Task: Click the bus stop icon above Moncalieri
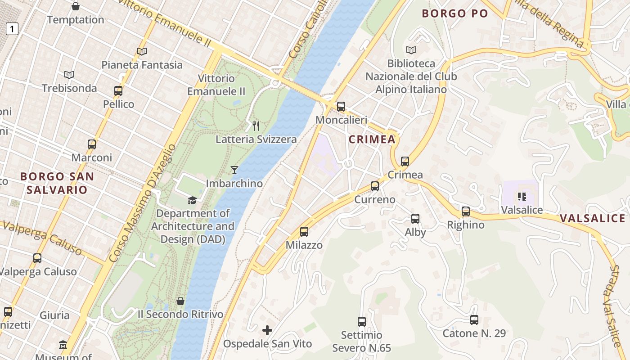tap(341, 107)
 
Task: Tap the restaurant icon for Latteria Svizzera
tap(256, 126)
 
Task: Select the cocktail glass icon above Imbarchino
tap(234, 170)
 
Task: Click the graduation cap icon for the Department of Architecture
tap(193, 200)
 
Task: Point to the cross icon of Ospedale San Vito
tap(267, 330)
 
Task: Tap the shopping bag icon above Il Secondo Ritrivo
tap(180, 301)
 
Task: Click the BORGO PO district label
tap(454, 13)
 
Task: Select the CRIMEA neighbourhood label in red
tap(372, 139)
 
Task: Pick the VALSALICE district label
tap(592, 219)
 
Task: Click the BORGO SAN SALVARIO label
tap(57, 183)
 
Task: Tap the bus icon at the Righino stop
tap(466, 211)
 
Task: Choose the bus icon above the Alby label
tap(415, 219)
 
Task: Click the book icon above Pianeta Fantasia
tap(142, 51)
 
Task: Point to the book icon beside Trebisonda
tap(69, 75)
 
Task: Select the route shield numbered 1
tap(12, 29)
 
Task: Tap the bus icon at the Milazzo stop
tap(304, 232)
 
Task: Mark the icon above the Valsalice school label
tap(522, 196)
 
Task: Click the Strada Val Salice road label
tap(616, 306)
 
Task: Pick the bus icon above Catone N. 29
tap(474, 320)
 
